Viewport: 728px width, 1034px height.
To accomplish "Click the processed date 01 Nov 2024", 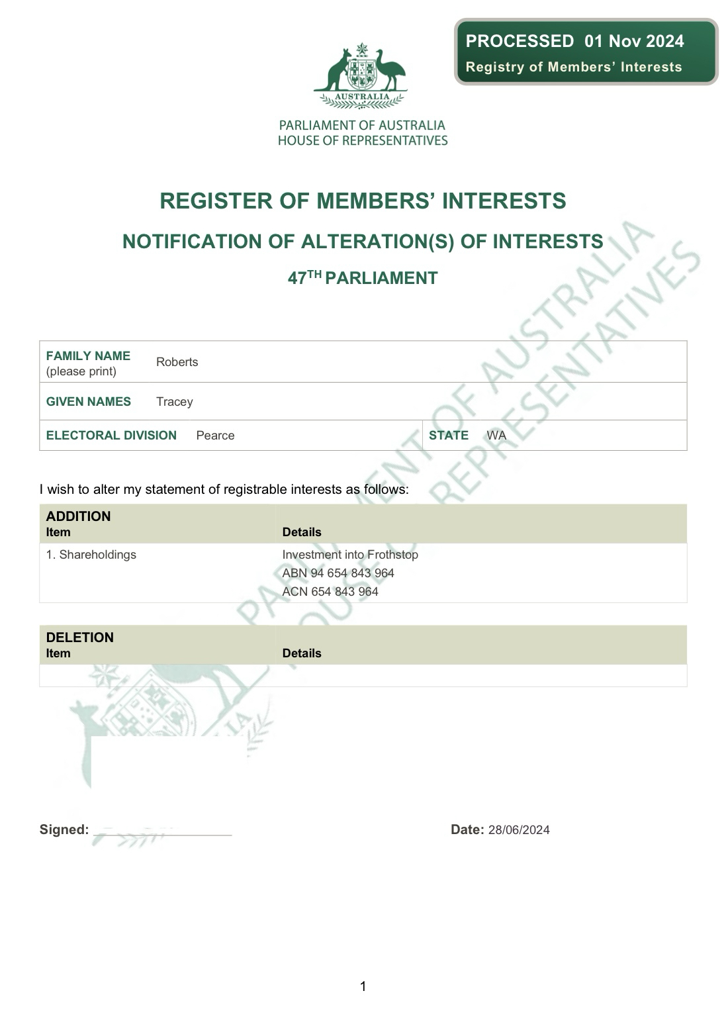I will click(x=634, y=41).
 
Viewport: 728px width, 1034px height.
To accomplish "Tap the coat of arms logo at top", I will click(x=361, y=75).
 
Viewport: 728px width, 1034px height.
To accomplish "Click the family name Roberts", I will click(x=177, y=362).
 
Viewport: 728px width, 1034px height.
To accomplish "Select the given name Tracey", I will click(x=174, y=402).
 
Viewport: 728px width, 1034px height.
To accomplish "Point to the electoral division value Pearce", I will click(x=215, y=436).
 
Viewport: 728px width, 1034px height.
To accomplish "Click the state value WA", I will click(x=496, y=436).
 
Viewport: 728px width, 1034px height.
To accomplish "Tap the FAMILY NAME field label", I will click(x=88, y=356).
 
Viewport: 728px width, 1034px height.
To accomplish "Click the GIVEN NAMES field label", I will click(x=88, y=402).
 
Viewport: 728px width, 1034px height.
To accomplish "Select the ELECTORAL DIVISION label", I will click(x=111, y=436).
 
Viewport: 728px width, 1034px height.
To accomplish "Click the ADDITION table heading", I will click(x=78, y=516).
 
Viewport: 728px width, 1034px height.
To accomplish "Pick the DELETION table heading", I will click(x=79, y=637).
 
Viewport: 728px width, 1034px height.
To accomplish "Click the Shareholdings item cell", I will click(x=91, y=555).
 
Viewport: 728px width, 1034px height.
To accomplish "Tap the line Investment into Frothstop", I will click(x=350, y=555).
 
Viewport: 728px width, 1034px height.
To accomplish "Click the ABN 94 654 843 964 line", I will click(x=338, y=573).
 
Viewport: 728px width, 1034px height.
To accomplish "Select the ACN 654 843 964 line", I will click(x=330, y=592).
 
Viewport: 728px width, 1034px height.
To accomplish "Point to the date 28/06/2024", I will click(x=519, y=830).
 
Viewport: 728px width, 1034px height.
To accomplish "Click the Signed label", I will click(x=64, y=830).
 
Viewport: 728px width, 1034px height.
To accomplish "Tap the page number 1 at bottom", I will click(x=363, y=987).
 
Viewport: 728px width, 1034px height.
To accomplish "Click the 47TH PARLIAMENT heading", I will click(x=363, y=278).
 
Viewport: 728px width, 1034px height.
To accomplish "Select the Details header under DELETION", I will click(x=301, y=653).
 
